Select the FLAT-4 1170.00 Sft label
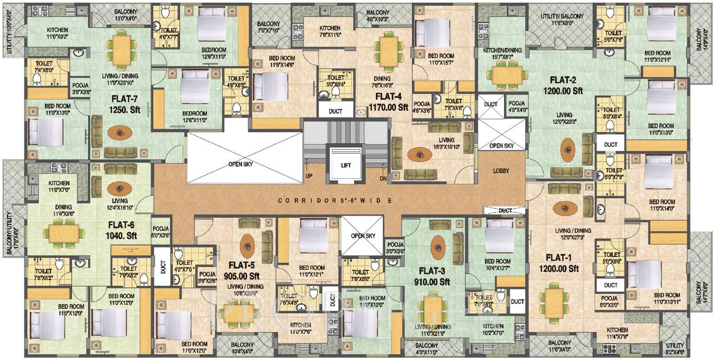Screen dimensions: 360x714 pos(388,101)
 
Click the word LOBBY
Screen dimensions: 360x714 pos(501,171)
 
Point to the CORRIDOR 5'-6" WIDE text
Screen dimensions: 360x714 pos(336,201)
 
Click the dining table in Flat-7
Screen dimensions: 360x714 pos(122,50)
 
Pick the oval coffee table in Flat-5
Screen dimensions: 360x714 pos(247,246)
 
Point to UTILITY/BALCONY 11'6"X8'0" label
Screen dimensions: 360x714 pos(560,20)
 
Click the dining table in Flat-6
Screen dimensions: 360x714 pos(65,232)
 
